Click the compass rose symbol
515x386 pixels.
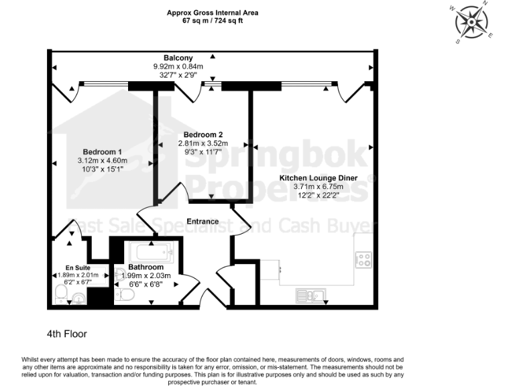pyautogui.click(x=472, y=22)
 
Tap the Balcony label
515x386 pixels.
pyautogui.click(x=178, y=58)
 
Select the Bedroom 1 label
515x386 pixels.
pyautogui.click(x=102, y=152)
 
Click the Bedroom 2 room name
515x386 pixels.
pyautogui.click(x=203, y=135)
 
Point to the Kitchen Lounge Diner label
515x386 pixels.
pyautogui.click(x=319, y=178)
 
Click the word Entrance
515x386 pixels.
pyautogui.click(x=203, y=221)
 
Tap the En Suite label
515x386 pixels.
pyautogui.click(x=78, y=268)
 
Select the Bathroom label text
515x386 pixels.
pyautogui.click(x=146, y=267)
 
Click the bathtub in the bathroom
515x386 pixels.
pyautogui.click(x=151, y=252)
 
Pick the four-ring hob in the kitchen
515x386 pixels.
pyautogui.click(x=363, y=259)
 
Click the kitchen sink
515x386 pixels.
pyautogui.click(x=310, y=296)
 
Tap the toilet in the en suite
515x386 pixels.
pyautogui.click(x=61, y=294)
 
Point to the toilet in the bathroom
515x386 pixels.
pyautogui.click(x=125, y=295)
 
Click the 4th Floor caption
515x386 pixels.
pyautogui.click(x=67, y=334)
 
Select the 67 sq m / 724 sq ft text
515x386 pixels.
pyautogui.click(x=213, y=21)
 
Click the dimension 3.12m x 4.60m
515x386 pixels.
pyautogui.click(x=103, y=161)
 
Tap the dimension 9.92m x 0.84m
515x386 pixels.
pyautogui.click(x=178, y=66)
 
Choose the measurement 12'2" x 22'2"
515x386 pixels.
pyautogui.click(x=319, y=195)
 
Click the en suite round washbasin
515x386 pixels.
pyautogui.click(x=78, y=298)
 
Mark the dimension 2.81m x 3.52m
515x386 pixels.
pyautogui.click(x=203, y=143)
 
